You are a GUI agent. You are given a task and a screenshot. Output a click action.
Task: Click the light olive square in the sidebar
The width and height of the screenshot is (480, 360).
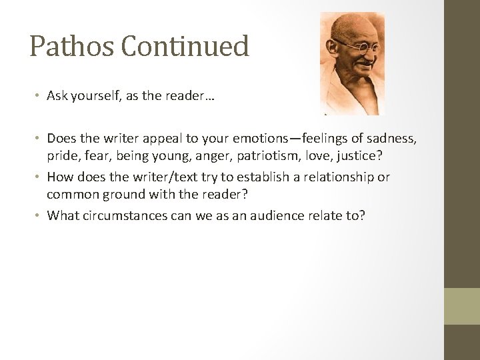[x=462, y=306]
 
